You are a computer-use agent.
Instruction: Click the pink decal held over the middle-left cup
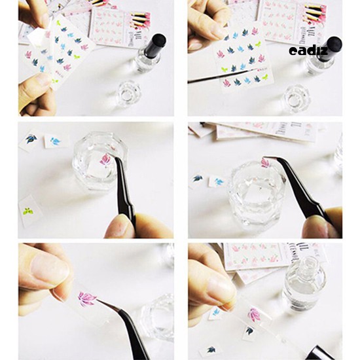click(x=105, y=159)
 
